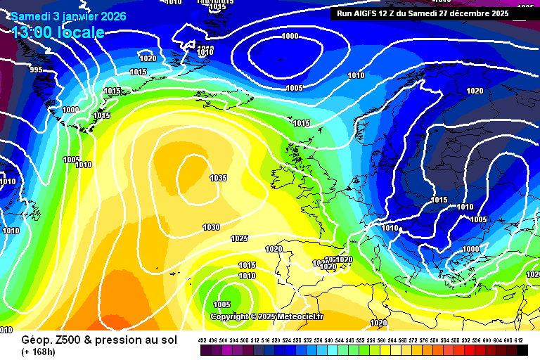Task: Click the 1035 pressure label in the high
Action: coord(218,178)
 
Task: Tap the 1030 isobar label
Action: coord(211,227)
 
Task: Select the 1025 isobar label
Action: coord(240,238)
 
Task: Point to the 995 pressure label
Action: coord(36,70)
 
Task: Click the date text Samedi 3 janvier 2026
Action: coord(68,15)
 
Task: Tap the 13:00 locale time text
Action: coord(58,32)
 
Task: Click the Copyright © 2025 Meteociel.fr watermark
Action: coord(266,316)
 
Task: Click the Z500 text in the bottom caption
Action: coord(63,339)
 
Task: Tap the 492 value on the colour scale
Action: coord(202,340)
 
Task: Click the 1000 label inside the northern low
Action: coord(290,36)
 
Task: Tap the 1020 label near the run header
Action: coord(475,91)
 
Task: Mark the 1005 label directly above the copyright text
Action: coord(221,304)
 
